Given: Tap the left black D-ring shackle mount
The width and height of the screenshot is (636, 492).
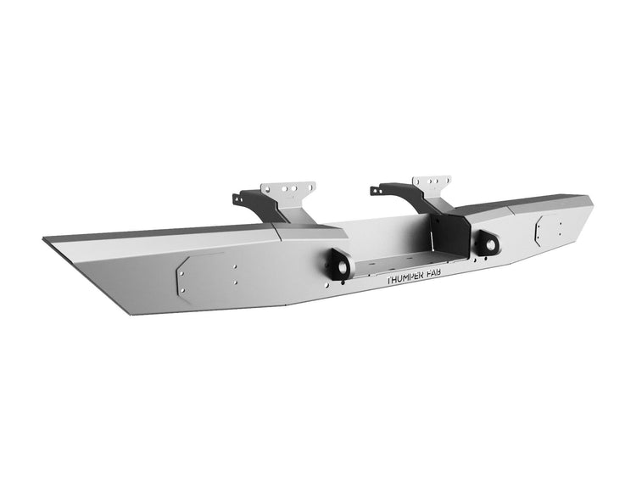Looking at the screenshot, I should tap(338, 266).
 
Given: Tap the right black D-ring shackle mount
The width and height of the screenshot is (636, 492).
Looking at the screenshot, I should tap(487, 243).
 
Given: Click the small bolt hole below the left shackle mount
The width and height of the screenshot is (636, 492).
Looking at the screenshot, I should tap(336, 288).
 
